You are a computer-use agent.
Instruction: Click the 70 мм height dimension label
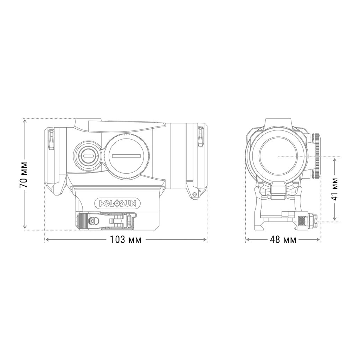24,175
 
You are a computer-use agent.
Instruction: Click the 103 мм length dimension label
126,240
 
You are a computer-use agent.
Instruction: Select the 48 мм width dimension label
283,240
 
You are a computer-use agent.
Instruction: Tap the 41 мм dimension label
335,189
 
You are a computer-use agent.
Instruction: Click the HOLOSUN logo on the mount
117,203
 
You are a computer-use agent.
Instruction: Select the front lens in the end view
277,155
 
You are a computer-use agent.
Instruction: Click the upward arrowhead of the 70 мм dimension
25,121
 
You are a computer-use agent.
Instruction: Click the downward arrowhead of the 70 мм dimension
25,227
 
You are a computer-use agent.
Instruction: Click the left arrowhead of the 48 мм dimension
247,240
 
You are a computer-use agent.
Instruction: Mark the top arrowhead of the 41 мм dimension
335,159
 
